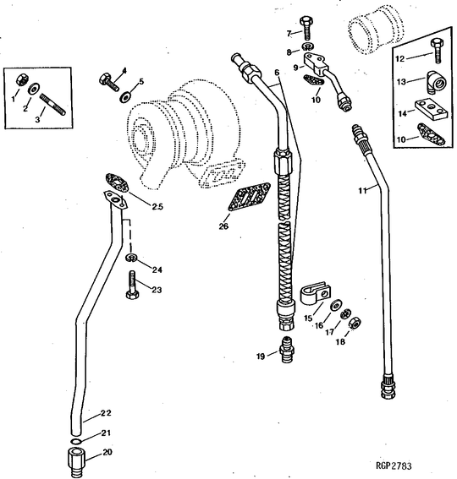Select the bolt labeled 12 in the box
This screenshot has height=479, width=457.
click(x=437, y=52)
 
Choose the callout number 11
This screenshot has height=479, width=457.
click(x=361, y=192)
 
